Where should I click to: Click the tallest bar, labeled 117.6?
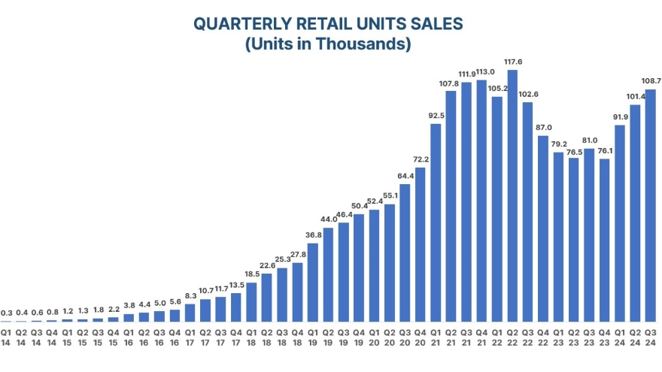(x=512, y=195)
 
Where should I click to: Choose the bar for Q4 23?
(x=605, y=240)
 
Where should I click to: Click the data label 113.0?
(x=481, y=73)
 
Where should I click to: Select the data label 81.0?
(x=589, y=141)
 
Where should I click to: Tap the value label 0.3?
(x=6, y=313)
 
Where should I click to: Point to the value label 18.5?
(x=251, y=275)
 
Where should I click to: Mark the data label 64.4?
(x=405, y=176)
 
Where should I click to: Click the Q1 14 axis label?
(x=6, y=336)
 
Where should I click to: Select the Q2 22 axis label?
(x=512, y=336)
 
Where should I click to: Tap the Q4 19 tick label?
(x=359, y=336)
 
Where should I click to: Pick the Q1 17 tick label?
(x=190, y=336)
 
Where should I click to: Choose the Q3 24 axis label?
(x=651, y=336)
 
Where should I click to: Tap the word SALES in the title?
(x=436, y=24)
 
